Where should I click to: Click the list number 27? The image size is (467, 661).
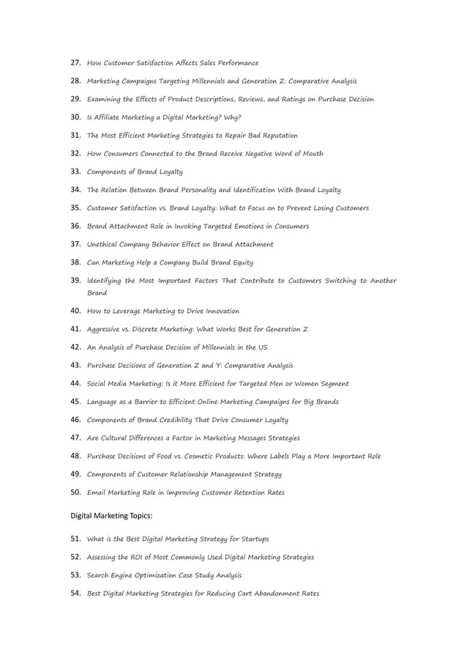coord(75,63)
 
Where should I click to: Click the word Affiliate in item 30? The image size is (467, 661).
coord(109,117)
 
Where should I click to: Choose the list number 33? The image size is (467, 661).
coord(75,171)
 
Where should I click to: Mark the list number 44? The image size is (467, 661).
coord(75,383)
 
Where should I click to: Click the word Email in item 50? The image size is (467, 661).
coord(97,492)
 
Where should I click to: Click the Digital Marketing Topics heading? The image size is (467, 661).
coord(111,516)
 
